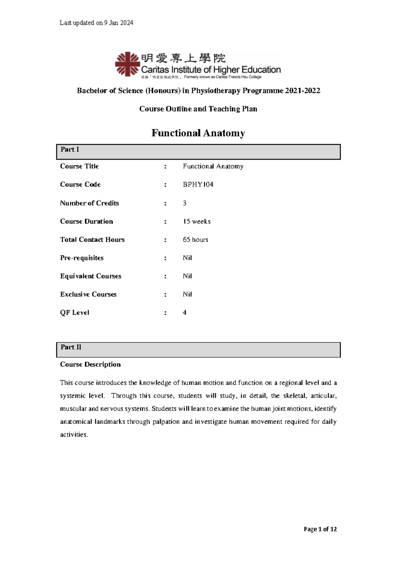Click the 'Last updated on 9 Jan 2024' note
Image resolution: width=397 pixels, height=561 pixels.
[96, 23]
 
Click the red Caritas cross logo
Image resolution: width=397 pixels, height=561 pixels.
[127, 64]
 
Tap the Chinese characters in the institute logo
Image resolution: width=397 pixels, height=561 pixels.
[183, 58]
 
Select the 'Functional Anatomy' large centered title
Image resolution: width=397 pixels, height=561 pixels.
[198, 133]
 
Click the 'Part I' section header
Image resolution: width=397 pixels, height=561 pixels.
[70, 150]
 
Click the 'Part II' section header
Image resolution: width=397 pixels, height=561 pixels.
[71, 347]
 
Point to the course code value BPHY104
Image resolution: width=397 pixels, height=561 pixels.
[198, 185]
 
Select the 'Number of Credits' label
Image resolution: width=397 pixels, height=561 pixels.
[89, 203]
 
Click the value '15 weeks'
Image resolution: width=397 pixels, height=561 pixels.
[197, 221]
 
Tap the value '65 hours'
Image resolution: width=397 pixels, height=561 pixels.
[196, 239]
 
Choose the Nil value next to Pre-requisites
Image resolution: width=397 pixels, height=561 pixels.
[187, 258]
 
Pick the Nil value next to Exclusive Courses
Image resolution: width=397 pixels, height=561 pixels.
[187, 294]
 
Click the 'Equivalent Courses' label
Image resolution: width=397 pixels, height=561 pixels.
[91, 276]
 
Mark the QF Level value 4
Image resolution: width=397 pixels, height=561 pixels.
[185, 313]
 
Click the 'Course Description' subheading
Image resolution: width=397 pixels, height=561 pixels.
[90, 365]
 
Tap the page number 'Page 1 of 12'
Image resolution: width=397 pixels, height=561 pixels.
[320, 529]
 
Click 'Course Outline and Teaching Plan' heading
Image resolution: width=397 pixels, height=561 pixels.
[198, 109]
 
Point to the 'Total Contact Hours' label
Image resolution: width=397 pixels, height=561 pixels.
[92, 239]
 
